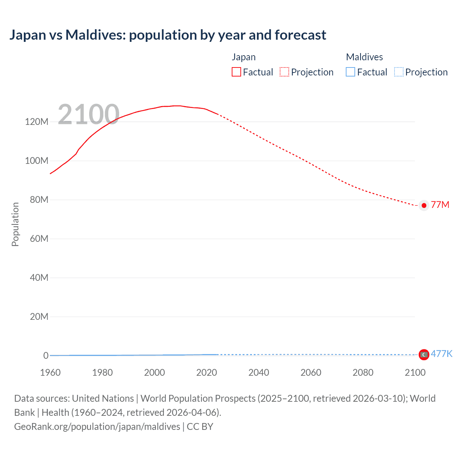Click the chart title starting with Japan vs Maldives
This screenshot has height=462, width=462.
point(168,35)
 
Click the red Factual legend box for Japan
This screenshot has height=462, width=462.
point(236,72)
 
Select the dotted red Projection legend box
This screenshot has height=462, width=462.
point(284,72)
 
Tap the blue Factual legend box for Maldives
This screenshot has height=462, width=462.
point(350,72)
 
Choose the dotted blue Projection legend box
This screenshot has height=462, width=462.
point(398,72)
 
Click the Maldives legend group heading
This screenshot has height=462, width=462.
point(364,57)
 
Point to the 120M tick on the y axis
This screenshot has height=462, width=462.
point(36,122)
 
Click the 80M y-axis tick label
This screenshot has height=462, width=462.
point(39,200)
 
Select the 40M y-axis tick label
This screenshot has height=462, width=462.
point(39,278)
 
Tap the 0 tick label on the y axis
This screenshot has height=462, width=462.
point(46,356)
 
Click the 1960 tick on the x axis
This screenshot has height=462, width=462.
point(50,372)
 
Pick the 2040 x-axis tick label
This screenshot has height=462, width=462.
point(259,372)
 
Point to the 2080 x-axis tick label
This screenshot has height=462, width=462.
point(363,372)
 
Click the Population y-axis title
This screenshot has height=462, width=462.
point(15,224)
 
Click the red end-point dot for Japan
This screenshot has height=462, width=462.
point(424,205)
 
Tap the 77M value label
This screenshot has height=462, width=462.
point(440,205)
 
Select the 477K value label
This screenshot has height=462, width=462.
point(441,354)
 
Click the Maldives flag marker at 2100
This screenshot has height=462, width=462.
point(424,355)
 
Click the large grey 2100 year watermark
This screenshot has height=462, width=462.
point(88,114)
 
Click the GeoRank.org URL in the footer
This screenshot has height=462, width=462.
point(97,427)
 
